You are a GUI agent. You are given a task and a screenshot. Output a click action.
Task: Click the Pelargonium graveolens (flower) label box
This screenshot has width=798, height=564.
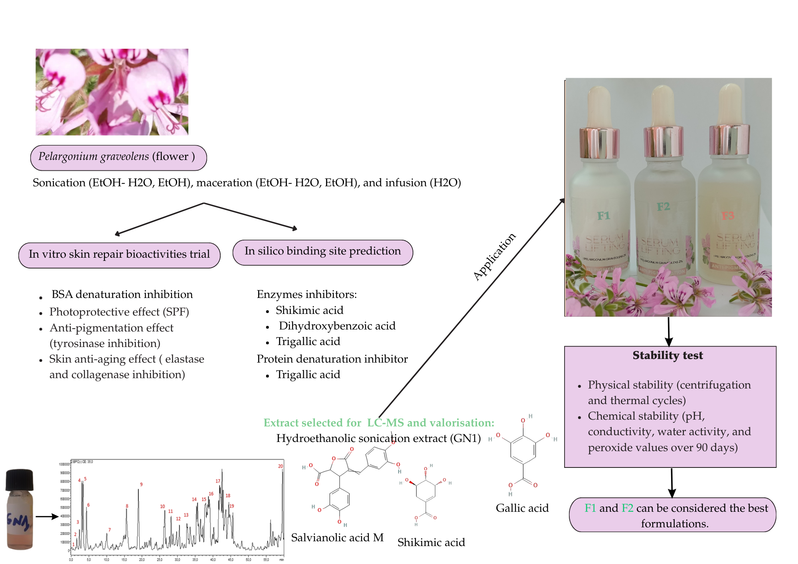click(118, 158)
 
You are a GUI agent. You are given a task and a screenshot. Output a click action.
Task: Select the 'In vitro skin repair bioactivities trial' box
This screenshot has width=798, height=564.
click(119, 255)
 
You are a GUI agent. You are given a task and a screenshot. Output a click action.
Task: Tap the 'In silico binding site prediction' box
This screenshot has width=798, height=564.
click(322, 252)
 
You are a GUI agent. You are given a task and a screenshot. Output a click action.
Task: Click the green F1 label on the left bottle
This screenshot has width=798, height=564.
click(603, 216)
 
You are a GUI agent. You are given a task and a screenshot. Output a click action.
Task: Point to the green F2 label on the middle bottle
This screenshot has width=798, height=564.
click(663, 207)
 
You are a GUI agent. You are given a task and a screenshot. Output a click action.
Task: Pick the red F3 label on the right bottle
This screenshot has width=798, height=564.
click(728, 216)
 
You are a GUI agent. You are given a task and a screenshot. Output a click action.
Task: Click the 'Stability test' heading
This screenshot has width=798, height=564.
click(668, 355)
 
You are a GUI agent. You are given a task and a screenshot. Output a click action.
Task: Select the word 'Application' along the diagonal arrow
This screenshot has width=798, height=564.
click(494, 256)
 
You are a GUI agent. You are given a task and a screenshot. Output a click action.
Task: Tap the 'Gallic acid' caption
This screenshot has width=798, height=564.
click(522, 508)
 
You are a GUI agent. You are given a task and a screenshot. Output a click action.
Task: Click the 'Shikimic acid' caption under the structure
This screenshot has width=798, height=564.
click(431, 542)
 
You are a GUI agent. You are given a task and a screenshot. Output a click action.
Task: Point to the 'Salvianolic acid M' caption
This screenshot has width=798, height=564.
click(337, 537)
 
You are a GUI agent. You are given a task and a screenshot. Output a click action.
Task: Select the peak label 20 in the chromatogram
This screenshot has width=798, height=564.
click(280, 466)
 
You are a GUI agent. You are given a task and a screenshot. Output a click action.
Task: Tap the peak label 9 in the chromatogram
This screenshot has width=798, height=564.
click(141, 484)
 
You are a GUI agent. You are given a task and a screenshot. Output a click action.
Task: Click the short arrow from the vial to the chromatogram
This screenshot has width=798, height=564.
click(47, 517)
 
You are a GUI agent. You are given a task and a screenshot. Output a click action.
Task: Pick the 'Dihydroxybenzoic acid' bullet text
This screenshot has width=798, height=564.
click(337, 326)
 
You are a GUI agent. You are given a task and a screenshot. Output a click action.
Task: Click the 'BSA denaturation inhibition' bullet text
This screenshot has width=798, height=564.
click(122, 294)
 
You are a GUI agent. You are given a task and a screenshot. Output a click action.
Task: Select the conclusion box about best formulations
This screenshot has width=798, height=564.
click(672, 515)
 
